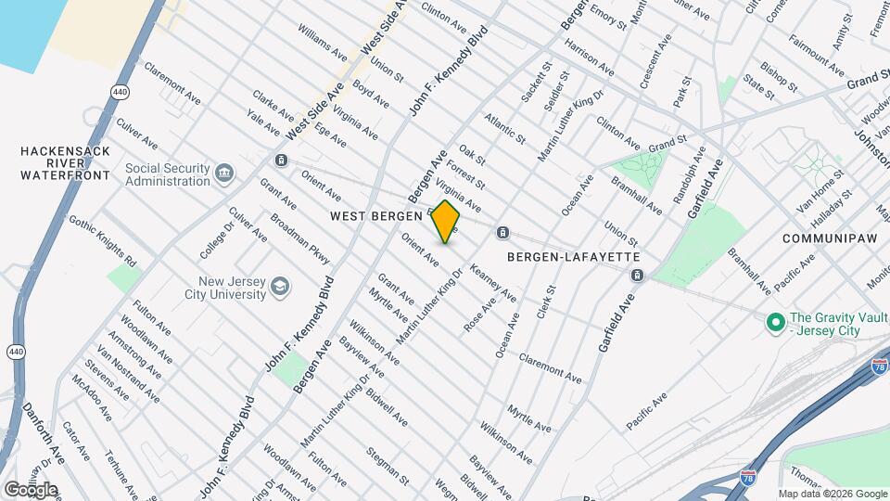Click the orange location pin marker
pos(445,222)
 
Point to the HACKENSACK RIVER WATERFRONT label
pos(66,162)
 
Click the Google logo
pos(30,489)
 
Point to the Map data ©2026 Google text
pos(831,494)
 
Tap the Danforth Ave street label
pos(44,431)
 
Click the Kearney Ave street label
pos(493,281)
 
